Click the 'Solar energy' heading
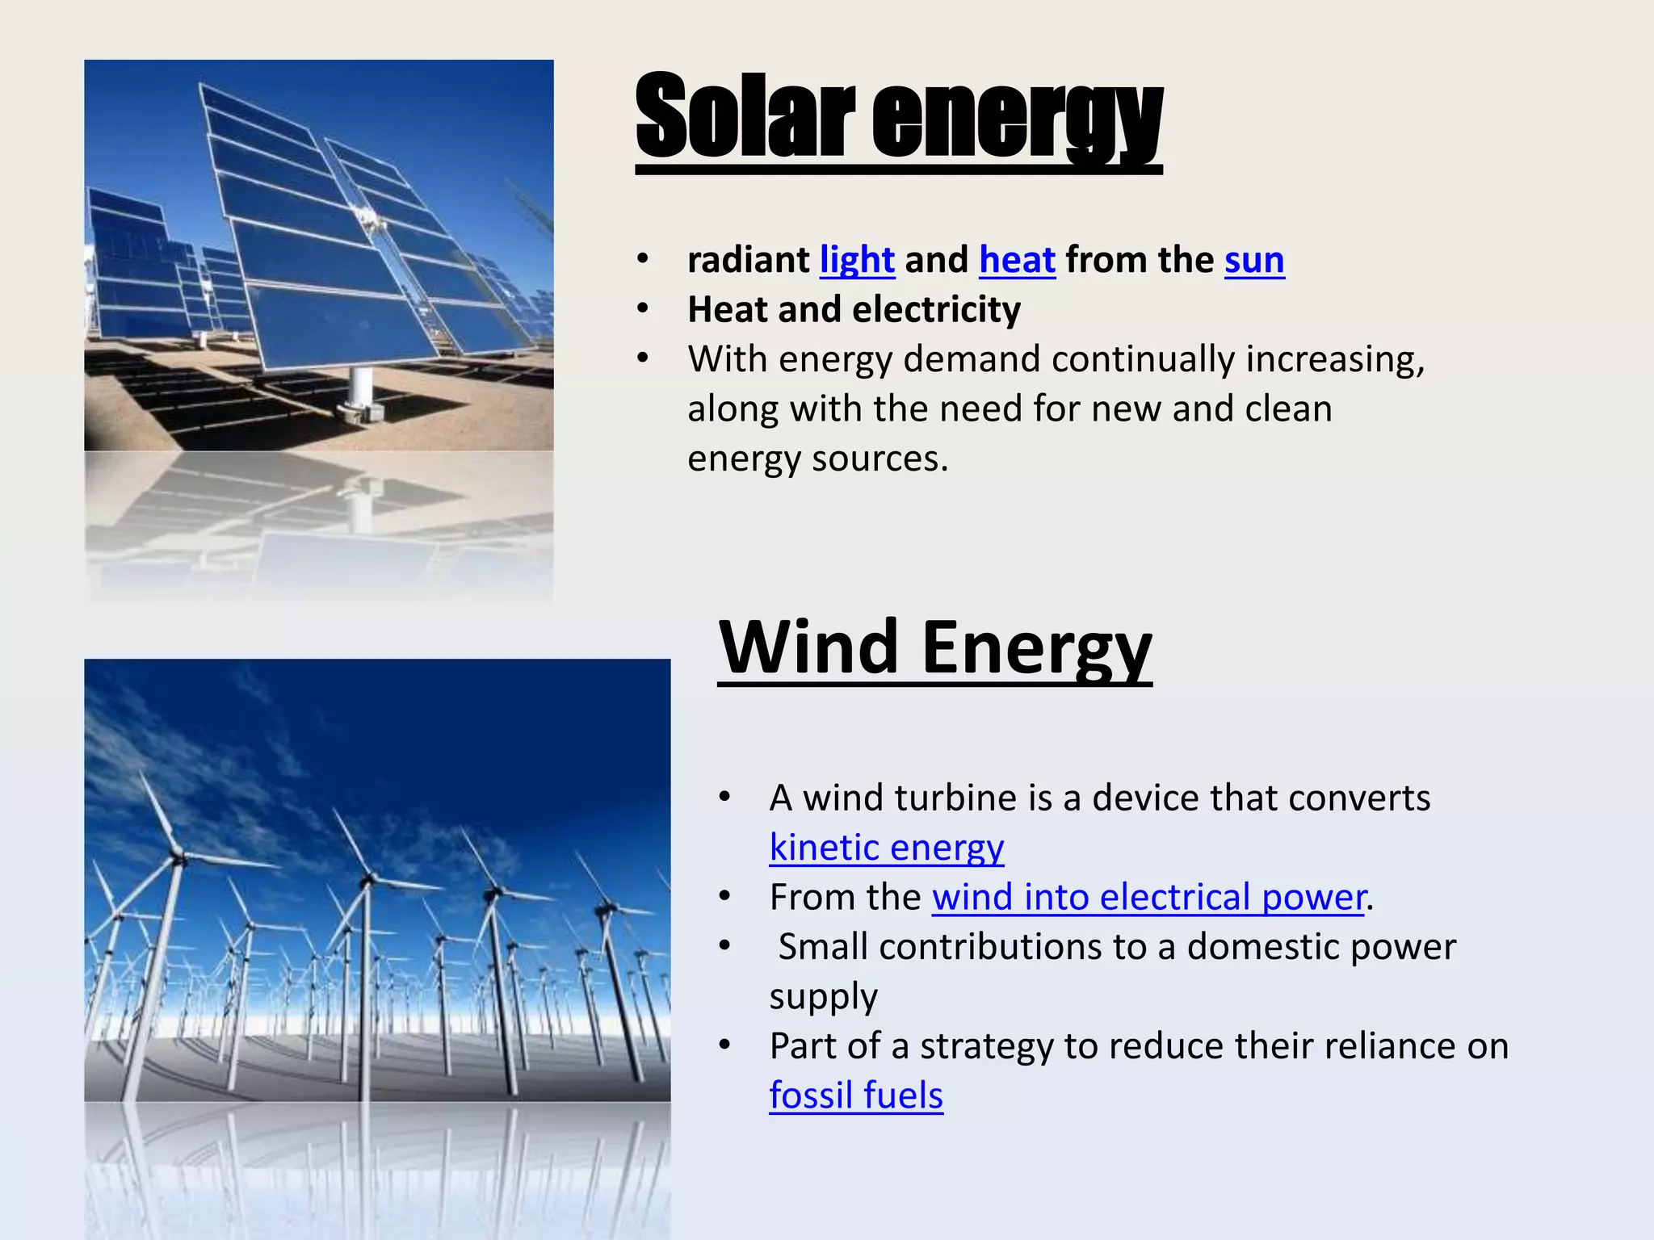click(x=898, y=117)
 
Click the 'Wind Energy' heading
click(x=934, y=647)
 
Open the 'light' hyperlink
click(x=857, y=260)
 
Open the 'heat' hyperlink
click(x=1017, y=260)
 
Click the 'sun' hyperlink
click(x=1253, y=260)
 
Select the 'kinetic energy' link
click(x=886, y=848)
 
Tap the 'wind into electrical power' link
click(x=1148, y=897)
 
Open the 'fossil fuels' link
click(x=855, y=1095)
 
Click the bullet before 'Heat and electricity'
click(x=643, y=308)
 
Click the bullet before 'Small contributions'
click(x=724, y=945)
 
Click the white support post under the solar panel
click(x=361, y=389)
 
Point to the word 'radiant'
click(x=748, y=260)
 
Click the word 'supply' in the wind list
click(x=823, y=998)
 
